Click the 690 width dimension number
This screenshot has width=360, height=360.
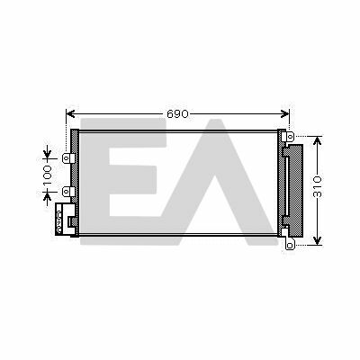pos(177,114)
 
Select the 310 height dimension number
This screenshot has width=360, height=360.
pos(317,186)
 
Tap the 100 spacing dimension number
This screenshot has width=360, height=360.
pos(48,175)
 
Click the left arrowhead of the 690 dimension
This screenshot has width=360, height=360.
pos(70,114)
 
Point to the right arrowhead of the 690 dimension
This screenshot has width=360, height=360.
pos(285,114)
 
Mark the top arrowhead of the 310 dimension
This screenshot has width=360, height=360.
pos(317,140)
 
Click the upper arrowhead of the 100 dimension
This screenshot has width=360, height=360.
pos(48,154)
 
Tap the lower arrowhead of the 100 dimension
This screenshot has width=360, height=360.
pos(48,196)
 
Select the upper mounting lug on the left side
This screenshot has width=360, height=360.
pos(68,158)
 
